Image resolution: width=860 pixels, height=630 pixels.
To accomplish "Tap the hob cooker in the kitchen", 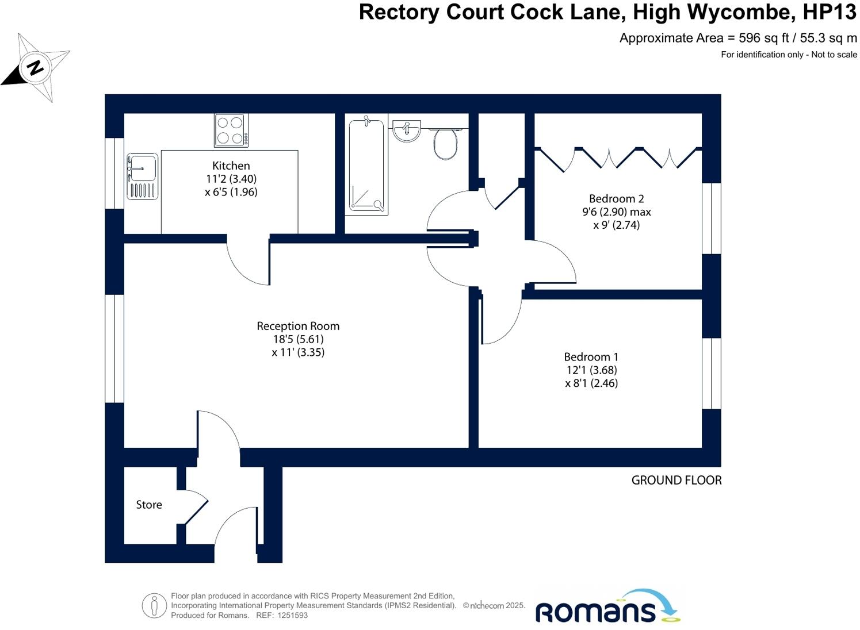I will tap(231, 130).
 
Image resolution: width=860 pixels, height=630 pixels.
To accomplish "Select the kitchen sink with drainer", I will tap(142, 176).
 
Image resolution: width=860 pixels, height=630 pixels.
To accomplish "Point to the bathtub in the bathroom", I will tap(366, 165).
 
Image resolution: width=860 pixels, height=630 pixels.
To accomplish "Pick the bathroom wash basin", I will tap(407, 130).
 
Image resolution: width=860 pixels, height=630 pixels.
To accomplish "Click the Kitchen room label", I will tap(231, 166).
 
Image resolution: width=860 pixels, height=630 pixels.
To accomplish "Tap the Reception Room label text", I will tap(298, 326).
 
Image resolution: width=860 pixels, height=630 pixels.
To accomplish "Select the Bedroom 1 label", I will tap(591, 357).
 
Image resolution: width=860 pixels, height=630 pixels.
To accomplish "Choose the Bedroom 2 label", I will tap(616, 199).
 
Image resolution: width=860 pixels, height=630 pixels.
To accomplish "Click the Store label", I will tap(149, 505).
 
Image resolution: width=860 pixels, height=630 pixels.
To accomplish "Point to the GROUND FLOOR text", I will tap(676, 481).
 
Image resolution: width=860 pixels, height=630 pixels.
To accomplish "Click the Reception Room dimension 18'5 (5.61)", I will tap(298, 339).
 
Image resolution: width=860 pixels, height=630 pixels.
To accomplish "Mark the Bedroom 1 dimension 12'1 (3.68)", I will tap(591, 370).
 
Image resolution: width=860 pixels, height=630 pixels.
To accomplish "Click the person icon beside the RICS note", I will tap(154, 605).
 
